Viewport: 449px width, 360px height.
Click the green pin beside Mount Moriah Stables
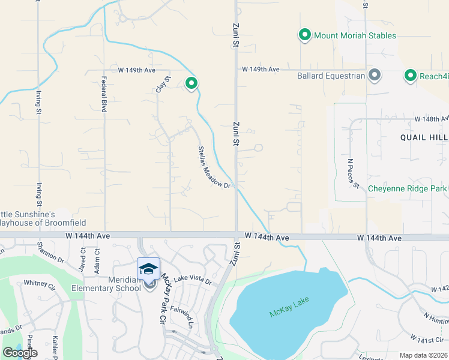coord(305,35)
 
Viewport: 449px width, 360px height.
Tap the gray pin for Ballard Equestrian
coord(375,76)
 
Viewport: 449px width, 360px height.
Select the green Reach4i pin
coord(411,76)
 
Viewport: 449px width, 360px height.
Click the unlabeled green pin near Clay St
coord(191,83)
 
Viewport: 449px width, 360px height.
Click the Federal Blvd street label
coord(104,95)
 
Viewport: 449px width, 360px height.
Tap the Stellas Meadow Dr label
coord(214,167)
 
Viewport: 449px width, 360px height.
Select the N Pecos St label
coord(353,173)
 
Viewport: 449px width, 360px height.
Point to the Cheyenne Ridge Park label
coord(407,188)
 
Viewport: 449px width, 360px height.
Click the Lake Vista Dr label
coord(193,281)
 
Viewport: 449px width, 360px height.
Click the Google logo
coord(20,353)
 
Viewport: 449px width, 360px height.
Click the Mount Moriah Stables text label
coord(355,35)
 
